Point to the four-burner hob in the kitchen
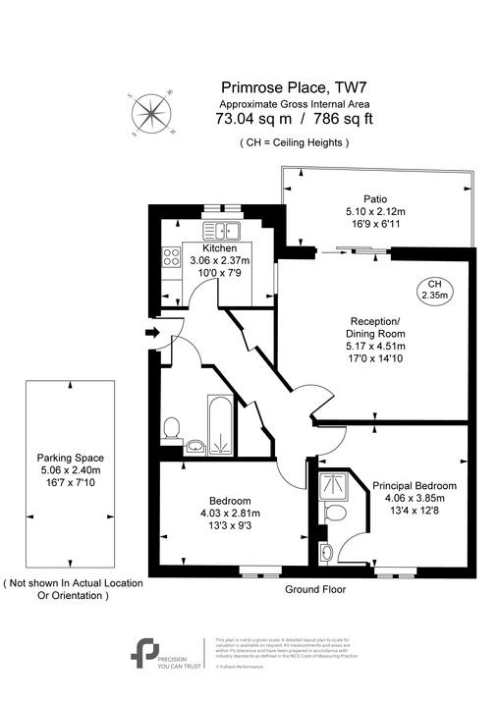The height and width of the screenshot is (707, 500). (x=170, y=259)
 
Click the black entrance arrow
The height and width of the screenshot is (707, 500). (x=150, y=335)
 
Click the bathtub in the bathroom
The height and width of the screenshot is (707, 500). (x=220, y=427)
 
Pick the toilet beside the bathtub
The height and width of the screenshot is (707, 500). (x=171, y=428)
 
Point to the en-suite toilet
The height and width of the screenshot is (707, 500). (x=333, y=514)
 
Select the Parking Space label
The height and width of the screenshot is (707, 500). (x=70, y=459)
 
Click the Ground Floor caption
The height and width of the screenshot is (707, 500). (x=315, y=590)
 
